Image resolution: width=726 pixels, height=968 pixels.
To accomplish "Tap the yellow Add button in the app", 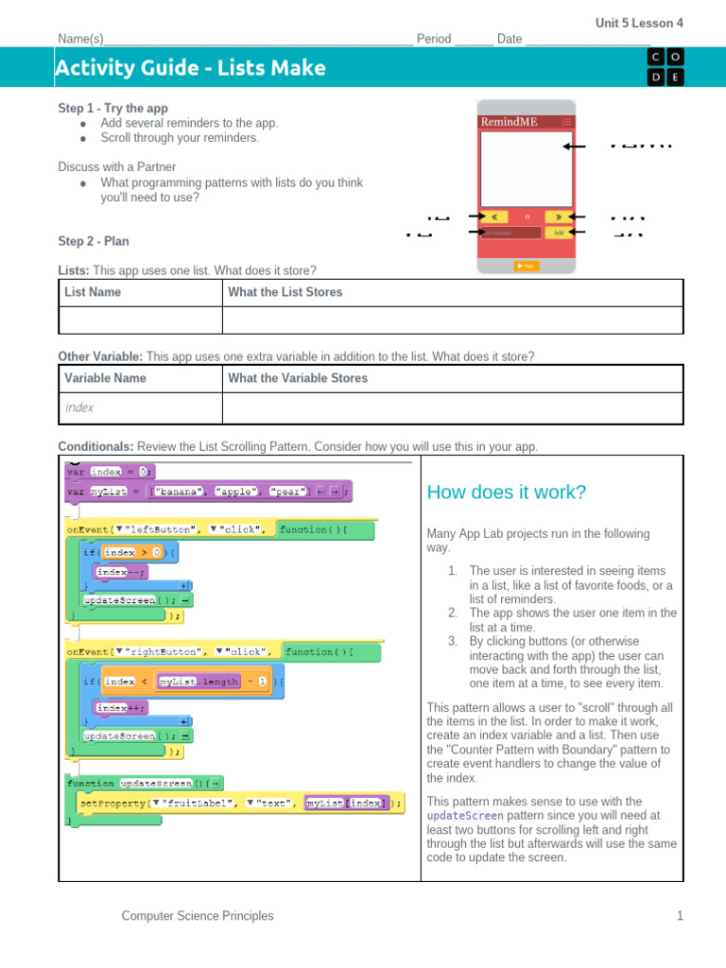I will click(560, 232).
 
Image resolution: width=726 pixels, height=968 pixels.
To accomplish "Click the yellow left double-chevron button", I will click(495, 216).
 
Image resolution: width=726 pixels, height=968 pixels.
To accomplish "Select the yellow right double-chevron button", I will click(559, 216).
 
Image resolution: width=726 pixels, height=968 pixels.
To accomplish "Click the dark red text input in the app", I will click(510, 232).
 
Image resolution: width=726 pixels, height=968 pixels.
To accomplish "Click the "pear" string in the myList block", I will click(287, 492).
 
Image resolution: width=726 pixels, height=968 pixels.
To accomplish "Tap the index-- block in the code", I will click(121, 571).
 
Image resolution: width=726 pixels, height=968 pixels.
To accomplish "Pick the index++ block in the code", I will click(121, 707).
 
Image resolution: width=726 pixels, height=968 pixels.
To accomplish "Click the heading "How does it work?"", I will click(506, 493).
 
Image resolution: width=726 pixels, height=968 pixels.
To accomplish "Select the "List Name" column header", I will click(93, 292).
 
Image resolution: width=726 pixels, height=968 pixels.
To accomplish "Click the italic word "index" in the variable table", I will click(79, 408).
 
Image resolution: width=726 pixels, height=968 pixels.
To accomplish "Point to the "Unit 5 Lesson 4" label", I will click(639, 23).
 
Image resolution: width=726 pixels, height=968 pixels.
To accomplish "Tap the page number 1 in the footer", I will click(679, 915).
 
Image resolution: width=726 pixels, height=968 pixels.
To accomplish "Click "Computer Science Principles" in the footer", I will click(198, 915).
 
